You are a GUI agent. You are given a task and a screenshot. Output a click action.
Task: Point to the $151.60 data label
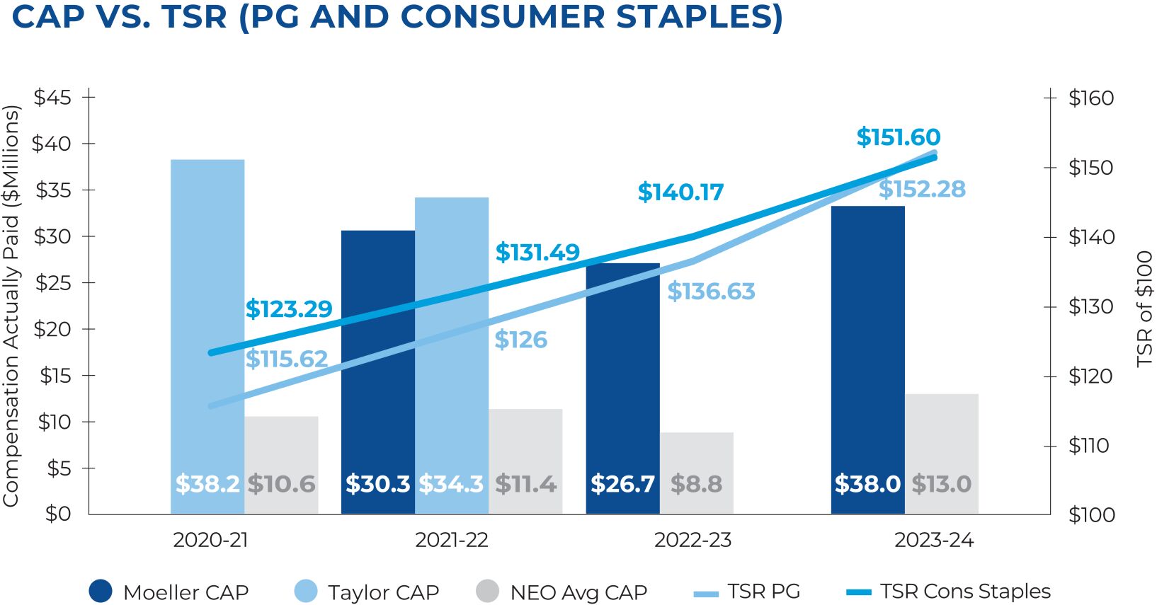point(898,137)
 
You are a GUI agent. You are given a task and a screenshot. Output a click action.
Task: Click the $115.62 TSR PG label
point(287,359)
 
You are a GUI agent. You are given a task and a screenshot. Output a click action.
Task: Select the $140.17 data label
point(680,192)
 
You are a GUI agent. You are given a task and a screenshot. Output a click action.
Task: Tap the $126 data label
point(520,340)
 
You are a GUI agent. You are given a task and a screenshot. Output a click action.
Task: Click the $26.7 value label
point(622,484)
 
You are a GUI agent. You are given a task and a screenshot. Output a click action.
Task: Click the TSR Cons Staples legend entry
point(949,592)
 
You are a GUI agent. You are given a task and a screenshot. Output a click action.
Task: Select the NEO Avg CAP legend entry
point(562,592)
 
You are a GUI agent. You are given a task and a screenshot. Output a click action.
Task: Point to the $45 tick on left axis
point(52,97)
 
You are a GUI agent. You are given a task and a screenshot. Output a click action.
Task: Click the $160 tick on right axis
point(1091,98)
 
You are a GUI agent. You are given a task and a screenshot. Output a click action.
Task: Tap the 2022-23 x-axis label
point(693,540)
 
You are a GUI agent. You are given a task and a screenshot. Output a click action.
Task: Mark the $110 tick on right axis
point(1089,445)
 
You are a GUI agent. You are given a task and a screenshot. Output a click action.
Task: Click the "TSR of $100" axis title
point(1144,309)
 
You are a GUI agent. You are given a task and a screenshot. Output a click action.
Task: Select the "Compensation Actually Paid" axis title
point(11,306)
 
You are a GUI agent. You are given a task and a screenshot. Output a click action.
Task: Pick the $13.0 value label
point(941,484)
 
